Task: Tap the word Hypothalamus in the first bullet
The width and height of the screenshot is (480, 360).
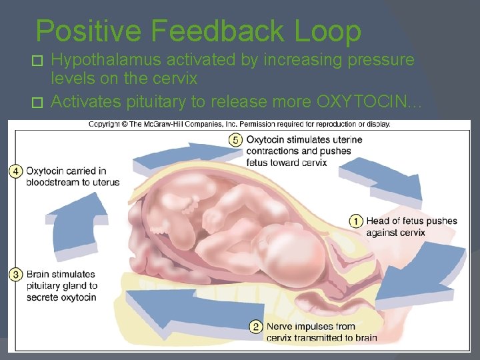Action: point(107,60)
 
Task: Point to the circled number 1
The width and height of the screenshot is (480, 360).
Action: point(356,221)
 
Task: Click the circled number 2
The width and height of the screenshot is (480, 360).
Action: point(256,327)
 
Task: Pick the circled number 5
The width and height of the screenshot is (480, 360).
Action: point(235,139)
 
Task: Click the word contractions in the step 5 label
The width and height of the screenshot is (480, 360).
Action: point(274,151)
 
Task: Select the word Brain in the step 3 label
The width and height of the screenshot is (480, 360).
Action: point(39,274)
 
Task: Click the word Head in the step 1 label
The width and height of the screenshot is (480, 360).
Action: point(378,221)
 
